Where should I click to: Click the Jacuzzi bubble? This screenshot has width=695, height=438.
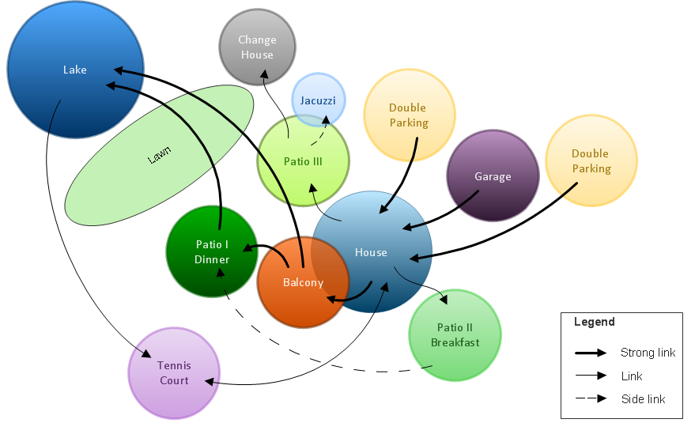pyautogui.click(x=319, y=100)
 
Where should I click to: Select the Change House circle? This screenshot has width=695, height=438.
pyautogui.click(x=258, y=47)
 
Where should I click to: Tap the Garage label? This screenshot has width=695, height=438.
pyautogui.click(x=493, y=176)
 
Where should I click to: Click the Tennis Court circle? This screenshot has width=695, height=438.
pyautogui.click(x=174, y=373)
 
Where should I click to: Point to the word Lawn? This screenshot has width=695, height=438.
pyautogui.click(x=159, y=155)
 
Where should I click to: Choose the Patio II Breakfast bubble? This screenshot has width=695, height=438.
pyautogui.click(x=455, y=335)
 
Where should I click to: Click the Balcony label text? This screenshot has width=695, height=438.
pyautogui.click(x=303, y=282)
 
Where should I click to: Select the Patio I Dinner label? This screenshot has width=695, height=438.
pyautogui.click(x=212, y=251)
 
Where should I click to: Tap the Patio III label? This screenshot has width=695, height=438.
pyautogui.click(x=303, y=161)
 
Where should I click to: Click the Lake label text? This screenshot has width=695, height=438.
pyautogui.click(x=75, y=70)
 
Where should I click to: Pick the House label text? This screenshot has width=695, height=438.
pyautogui.click(x=371, y=252)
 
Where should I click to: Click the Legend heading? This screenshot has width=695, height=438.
pyautogui.click(x=595, y=322)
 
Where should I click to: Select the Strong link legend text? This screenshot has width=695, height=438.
pyautogui.click(x=648, y=353)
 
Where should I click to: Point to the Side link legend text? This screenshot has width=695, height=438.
pyautogui.click(x=643, y=399)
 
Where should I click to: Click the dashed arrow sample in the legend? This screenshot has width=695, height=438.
pyautogui.click(x=591, y=398)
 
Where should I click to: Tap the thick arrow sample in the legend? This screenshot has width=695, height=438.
pyautogui.click(x=591, y=353)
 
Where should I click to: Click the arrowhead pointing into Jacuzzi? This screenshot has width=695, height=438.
pyautogui.click(x=326, y=119)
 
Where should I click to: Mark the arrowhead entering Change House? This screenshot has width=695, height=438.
pyautogui.click(x=265, y=74)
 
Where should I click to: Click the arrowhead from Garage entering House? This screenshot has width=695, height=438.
pyautogui.click(x=407, y=228)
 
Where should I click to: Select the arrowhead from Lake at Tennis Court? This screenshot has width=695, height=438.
pyautogui.click(x=147, y=353)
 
